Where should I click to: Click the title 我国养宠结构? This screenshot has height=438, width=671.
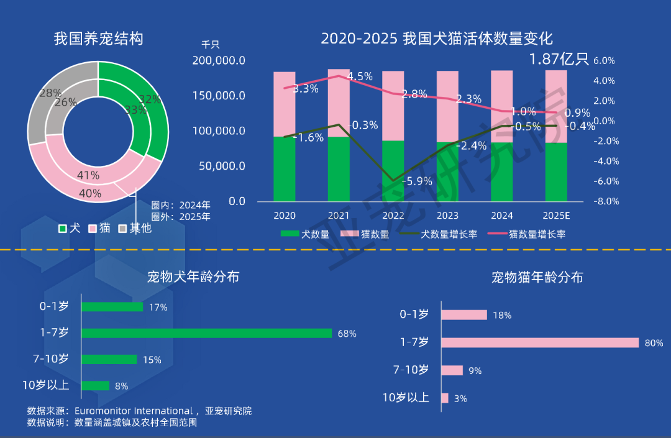point(98,39)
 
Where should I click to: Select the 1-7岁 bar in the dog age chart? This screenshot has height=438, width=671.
point(206,334)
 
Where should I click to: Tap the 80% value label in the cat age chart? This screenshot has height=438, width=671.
point(654,343)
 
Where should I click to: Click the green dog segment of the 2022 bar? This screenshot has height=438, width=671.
point(393,171)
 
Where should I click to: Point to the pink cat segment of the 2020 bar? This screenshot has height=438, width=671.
point(284,104)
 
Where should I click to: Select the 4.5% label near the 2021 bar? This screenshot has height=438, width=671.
point(360,76)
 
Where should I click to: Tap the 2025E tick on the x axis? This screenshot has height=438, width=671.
point(556,216)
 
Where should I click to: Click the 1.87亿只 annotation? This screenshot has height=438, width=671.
point(559,59)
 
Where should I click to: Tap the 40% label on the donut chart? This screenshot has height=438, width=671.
point(90,194)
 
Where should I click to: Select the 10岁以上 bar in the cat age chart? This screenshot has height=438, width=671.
point(445,398)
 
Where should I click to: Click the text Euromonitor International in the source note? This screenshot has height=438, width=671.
point(133,411)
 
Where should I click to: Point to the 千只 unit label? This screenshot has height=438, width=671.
point(211,45)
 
